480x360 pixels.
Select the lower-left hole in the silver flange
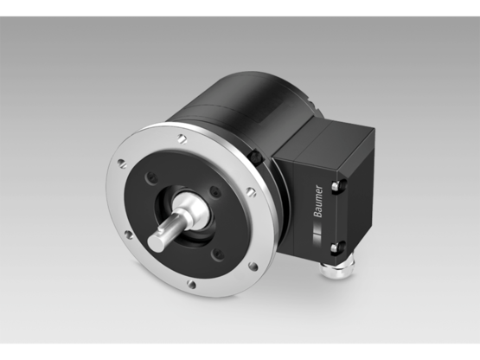click(128, 234)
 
